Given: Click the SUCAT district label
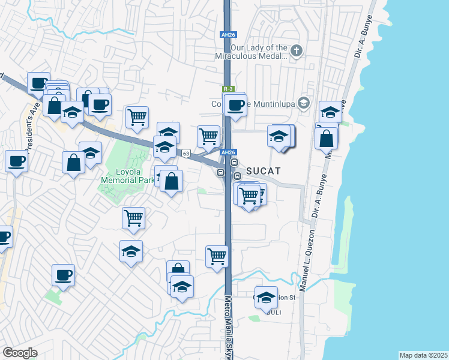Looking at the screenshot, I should tap(262, 170).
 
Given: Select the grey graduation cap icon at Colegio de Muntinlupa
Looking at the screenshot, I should tap(304, 103).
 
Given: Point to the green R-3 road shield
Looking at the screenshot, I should tap(222, 89).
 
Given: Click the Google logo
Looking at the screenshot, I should tap(19, 353).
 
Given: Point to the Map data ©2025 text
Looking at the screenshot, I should tap(423, 355).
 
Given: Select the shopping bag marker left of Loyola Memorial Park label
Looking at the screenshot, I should tap(73, 162).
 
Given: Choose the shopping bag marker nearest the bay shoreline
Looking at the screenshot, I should tap(327, 137).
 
